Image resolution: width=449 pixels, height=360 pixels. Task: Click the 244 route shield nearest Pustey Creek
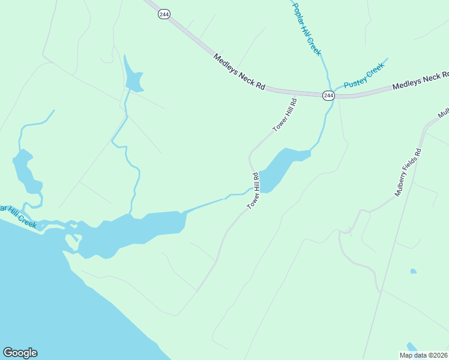coord(328,95)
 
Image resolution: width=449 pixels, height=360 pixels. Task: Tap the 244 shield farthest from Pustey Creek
coord(163,14)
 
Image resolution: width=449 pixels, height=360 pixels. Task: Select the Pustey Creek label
coord(363,77)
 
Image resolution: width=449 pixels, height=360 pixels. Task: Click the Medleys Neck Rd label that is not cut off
coord(239,71)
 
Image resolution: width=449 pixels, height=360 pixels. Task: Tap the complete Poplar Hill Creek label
coord(307,29)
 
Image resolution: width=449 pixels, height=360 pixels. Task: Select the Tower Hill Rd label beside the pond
coord(253,191)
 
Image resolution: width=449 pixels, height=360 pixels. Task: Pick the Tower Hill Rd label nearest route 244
coord(285,115)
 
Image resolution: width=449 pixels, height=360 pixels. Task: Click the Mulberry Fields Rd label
coord(409,173)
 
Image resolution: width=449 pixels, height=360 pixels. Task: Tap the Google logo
coord(20,353)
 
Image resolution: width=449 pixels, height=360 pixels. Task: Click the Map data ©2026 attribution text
coord(424,355)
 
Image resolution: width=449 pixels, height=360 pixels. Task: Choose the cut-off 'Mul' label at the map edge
coord(444,113)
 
